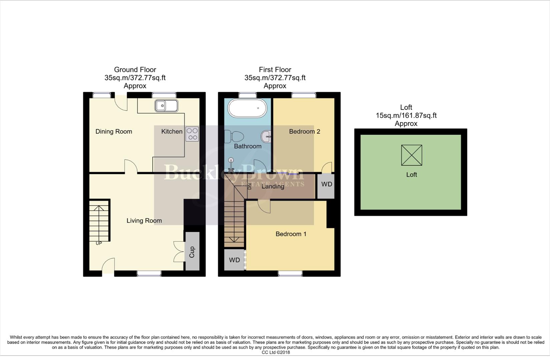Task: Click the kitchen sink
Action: (x=166, y=106)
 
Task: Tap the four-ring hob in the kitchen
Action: (x=192, y=134)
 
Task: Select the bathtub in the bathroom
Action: (x=247, y=108)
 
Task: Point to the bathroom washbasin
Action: (x=266, y=136)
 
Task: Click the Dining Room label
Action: (x=114, y=131)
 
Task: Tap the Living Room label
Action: (x=144, y=220)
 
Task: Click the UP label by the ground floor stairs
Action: (x=99, y=243)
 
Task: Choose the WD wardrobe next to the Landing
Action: (x=326, y=184)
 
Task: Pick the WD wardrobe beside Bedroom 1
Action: (x=234, y=260)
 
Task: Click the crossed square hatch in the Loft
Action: (x=411, y=155)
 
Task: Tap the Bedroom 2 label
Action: (x=304, y=131)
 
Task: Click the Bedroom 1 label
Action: (x=291, y=234)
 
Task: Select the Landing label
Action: (x=273, y=186)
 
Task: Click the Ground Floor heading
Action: (x=135, y=70)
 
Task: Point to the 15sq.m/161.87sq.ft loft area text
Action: (x=406, y=115)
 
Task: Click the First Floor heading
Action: (x=275, y=70)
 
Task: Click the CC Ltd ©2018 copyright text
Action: (x=276, y=352)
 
